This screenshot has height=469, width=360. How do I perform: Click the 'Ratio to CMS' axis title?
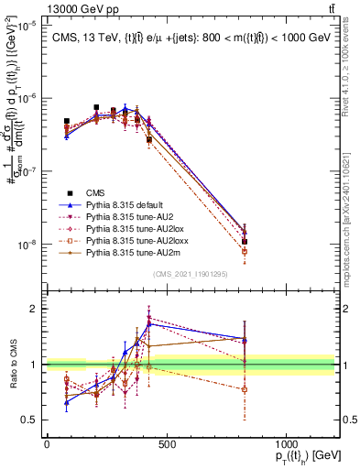(13, 365)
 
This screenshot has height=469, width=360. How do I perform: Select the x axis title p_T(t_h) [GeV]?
(303, 457)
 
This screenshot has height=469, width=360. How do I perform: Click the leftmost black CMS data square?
(67, 121)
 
